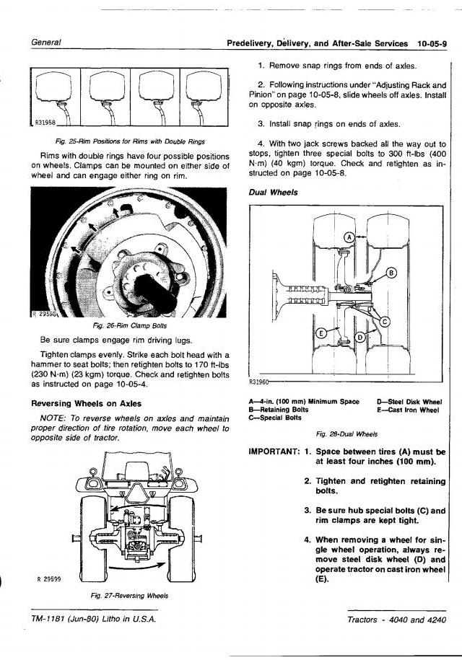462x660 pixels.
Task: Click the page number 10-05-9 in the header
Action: pyautogui.click(x=432, y=43)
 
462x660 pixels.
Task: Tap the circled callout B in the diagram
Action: pyautogui.click(x=392, y=273)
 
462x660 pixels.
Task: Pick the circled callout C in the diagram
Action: pyautogui.click(x=385, y=321)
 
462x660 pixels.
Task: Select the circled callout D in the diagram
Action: pyautogui.click(x=360, y=338)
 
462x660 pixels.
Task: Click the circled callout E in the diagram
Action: pyautogui.click(x=321, y=333)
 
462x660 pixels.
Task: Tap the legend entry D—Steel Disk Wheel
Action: pyautogui.click(x=409, y=401)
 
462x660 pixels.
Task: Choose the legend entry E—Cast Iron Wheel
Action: pyautogui.click(x=408, y=410)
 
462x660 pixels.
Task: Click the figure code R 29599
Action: pyautogui.click(x=48, y=578)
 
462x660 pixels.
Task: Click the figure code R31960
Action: pyautogui.click(x=258, y=382)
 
